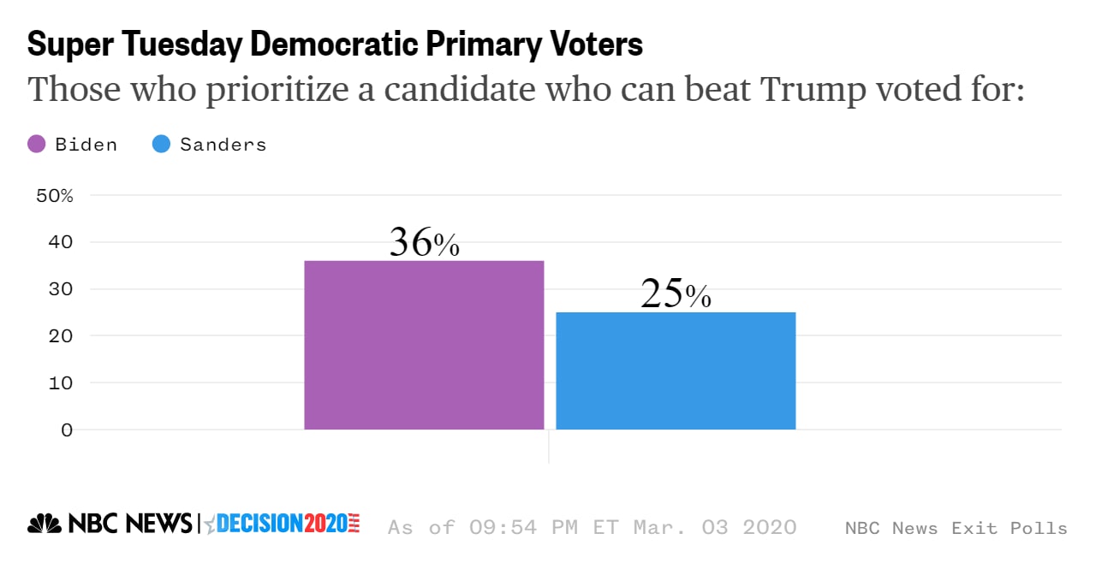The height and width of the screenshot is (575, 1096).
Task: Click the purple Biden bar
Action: click(x=424, y=345)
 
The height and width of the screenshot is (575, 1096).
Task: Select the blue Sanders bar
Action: click(x=676, y=370)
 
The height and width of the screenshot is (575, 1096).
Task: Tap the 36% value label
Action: click(x=424, y=243)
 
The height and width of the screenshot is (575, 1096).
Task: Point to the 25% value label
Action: click(x=676, y=294)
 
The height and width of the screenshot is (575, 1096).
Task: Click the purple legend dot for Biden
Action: click(x=37, y=145)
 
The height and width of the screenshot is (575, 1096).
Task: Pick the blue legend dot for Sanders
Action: click(x=161, y=145)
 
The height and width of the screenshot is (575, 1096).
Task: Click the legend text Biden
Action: click(x=86, y=145)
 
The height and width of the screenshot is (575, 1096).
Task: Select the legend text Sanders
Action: click(x=223, y=145)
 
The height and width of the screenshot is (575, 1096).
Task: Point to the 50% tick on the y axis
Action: click(x=55, y=196)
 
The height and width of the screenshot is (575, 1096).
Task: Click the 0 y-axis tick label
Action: click(x=66, y=430)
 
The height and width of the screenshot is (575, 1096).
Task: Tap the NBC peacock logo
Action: click(x=45, y=524)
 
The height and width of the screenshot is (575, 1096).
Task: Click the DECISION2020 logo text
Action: click(x=283, y=524)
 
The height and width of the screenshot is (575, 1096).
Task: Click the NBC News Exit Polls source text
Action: click(x=956, y=528)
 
